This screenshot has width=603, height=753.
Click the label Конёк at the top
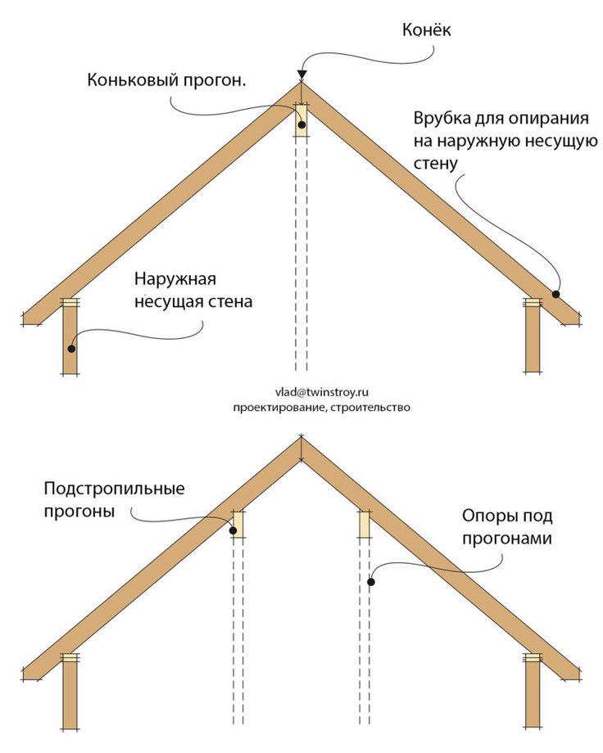[426, 30]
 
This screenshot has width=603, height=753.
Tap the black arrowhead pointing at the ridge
[301, 74]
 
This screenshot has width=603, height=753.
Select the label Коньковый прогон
[166, 79]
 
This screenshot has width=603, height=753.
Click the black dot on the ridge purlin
[301, 125]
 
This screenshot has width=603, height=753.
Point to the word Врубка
[442, 118]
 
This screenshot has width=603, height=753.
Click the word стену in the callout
[436, 163]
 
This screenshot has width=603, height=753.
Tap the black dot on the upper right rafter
[555, 294]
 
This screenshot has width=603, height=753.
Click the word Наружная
[175, 279]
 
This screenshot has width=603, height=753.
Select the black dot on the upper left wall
[71, 349]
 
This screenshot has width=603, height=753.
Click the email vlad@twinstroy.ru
[322, 392]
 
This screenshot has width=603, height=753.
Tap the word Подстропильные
[115, 489]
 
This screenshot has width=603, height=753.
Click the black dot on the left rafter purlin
[233, 530]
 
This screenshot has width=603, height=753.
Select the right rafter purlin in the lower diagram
[365, 524]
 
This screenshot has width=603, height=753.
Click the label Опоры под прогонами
[507, 527]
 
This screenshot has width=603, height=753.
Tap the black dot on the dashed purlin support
[371, 582]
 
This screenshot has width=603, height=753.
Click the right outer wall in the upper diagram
[532, 336]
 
